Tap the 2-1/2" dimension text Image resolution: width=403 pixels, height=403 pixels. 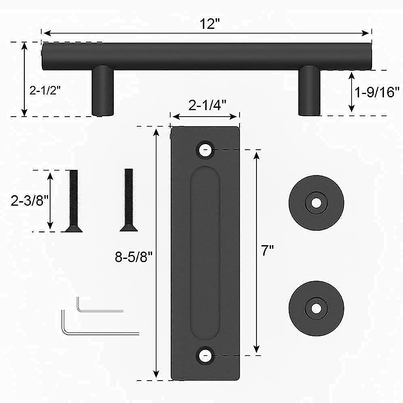[45, 90]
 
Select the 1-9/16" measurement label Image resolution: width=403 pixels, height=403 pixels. [377, 92]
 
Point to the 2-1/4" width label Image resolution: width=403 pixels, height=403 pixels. [205, 105]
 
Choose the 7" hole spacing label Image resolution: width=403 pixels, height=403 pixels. [268, 251]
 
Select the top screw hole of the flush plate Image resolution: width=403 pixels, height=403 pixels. [205, 150]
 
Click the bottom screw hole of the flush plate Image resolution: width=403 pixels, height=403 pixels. [205, 355]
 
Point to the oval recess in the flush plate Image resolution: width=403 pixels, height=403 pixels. [205, 252]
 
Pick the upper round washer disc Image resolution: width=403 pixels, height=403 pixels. [316, 203]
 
